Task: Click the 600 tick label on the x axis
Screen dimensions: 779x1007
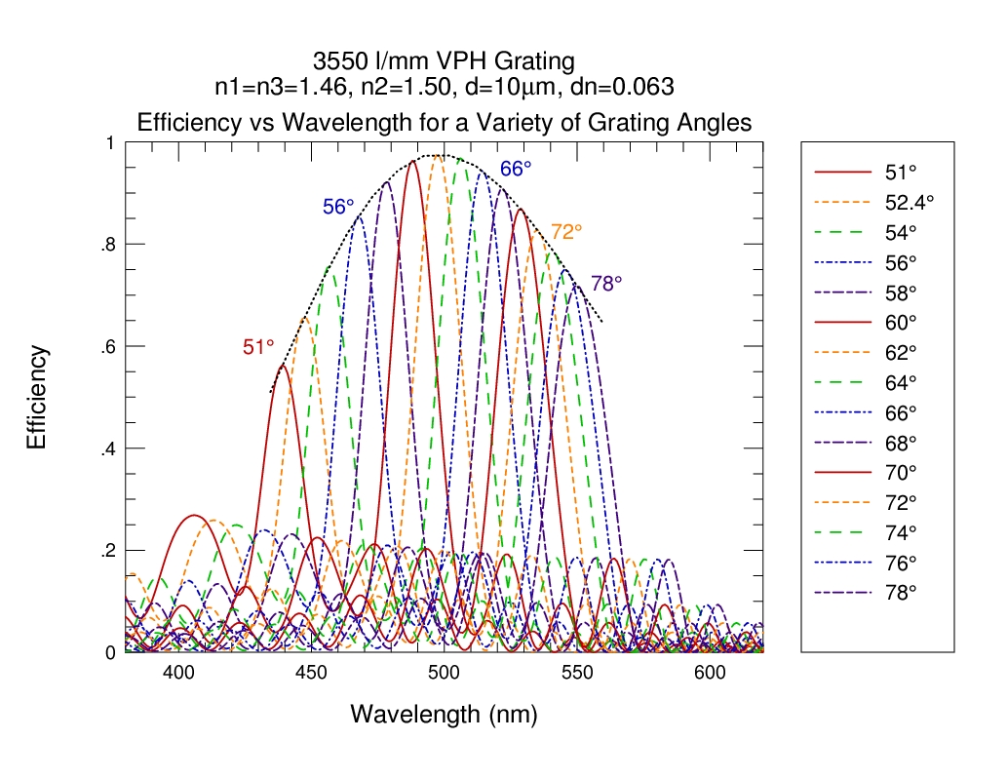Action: (x=710, y=673)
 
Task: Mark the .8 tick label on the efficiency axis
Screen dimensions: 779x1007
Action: (x=108, y=245)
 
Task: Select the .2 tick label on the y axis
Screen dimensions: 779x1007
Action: (x=108, y=551)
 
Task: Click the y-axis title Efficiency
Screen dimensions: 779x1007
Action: (x=37, y=397)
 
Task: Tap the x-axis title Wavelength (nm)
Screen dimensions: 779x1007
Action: (x=444, y=715)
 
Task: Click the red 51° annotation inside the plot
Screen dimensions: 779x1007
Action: (x=258, y=347)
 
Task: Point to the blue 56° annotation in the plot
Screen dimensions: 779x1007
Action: (x=338, y=207)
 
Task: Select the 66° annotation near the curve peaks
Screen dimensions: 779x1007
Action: (x=516, y=169)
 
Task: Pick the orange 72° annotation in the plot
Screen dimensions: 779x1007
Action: (x=566, y=231)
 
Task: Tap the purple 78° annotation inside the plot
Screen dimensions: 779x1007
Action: (x=606, y=284)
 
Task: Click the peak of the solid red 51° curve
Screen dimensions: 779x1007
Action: (x=282, y=366)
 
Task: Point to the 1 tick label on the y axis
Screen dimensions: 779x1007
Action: (x=110, y=142)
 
